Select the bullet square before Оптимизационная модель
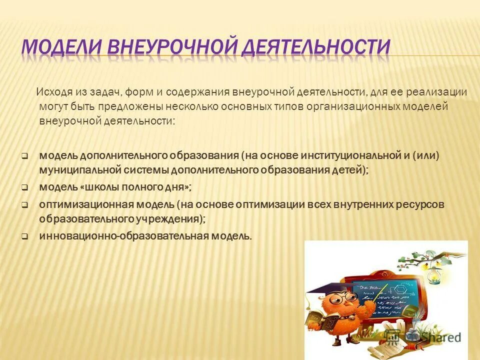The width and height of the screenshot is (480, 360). click(x=24, y=204)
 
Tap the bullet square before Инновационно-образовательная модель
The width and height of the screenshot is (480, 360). click(x=24, y=237)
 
